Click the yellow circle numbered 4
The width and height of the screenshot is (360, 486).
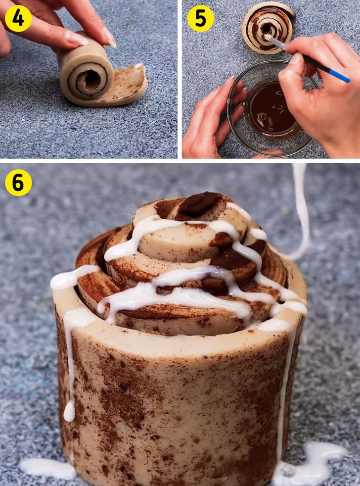pos(18,18)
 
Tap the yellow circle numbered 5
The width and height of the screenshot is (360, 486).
pos(200,18)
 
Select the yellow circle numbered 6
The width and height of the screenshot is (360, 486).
pos(18,183)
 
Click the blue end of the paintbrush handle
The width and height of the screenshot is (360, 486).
pos(339,76)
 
